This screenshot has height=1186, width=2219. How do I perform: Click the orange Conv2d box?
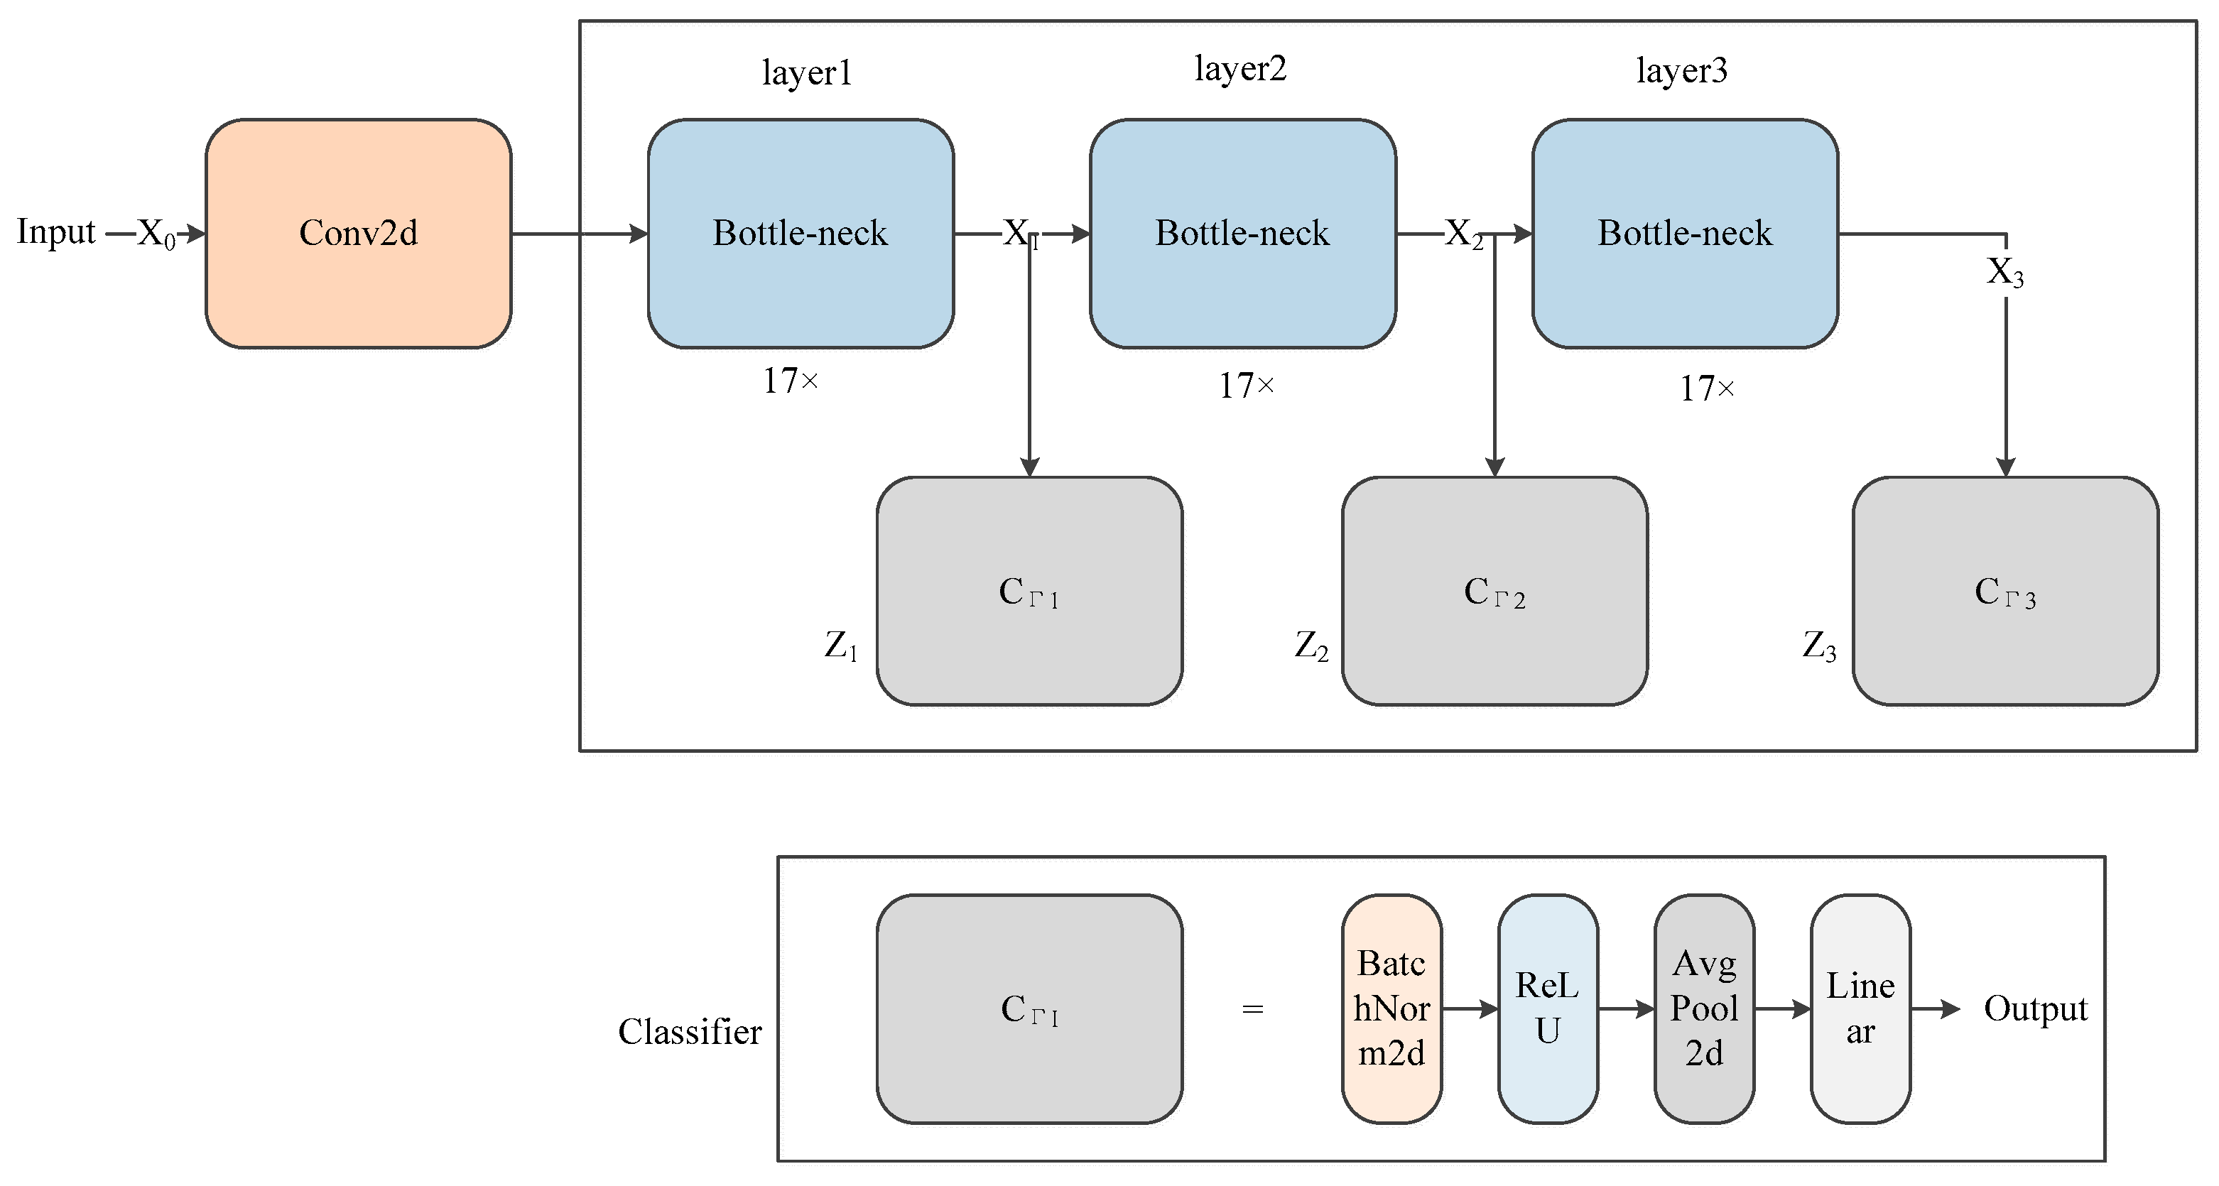coord(357,234)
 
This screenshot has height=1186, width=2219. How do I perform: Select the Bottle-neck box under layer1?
coord(801,234)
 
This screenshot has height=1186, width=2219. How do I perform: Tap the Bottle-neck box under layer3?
coord(1685,234)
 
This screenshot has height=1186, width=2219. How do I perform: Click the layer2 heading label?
coord(1240,69)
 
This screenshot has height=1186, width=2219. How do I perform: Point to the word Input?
coord(56,232)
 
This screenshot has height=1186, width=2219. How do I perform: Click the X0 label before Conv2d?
coord(157,234)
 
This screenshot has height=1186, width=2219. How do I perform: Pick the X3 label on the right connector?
coord(2004,272)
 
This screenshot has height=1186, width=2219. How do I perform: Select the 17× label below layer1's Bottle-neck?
coord(790,381)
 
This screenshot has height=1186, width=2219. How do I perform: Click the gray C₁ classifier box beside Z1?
coord(1029,591)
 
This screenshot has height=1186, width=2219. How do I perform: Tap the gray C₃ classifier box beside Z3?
coord(2005,591)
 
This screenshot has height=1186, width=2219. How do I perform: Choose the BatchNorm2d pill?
coord(1391,1008)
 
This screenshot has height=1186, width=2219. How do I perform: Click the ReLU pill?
coord(1548,1008)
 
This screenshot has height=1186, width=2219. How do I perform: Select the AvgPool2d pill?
coord(1704,1008)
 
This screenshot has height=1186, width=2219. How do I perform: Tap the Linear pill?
coord(1861,1008)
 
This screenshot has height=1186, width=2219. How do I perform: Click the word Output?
coord(2036,1008)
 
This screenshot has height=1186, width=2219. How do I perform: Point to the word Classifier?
coord(689,1031)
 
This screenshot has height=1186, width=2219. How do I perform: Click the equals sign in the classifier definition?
coord(1252,1008)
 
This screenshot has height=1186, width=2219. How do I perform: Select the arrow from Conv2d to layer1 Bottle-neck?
coord(579,234)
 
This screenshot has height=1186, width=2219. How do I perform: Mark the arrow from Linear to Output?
coord(1936,1008)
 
